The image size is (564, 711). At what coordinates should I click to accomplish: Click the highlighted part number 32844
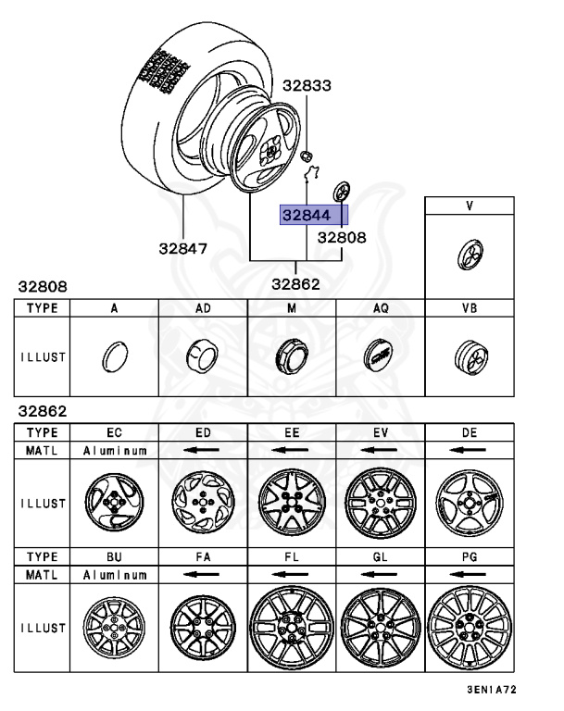pyautogui.click(x=306, y=216)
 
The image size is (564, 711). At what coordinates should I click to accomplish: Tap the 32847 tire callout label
pyautogui.click(x=182, y=248)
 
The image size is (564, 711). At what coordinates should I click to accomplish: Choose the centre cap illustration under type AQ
pyautogui.click(x=380, y=355)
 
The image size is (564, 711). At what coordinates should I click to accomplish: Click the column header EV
pyautogui.click(x=380, y=432)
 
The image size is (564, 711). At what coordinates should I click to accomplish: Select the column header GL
pyautogui.click(x=380, y=556)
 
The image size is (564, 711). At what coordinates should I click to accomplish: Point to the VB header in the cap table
pyautogui.click(x=469, y=308)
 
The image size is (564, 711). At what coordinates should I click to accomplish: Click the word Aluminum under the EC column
pyautogui.click(x=114, y=449)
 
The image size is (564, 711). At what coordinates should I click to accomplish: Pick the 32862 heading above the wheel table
pyautogui.click(x=40, y=410)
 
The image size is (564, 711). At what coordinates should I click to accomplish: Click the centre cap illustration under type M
pyautogui.click(x=291, y=355)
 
